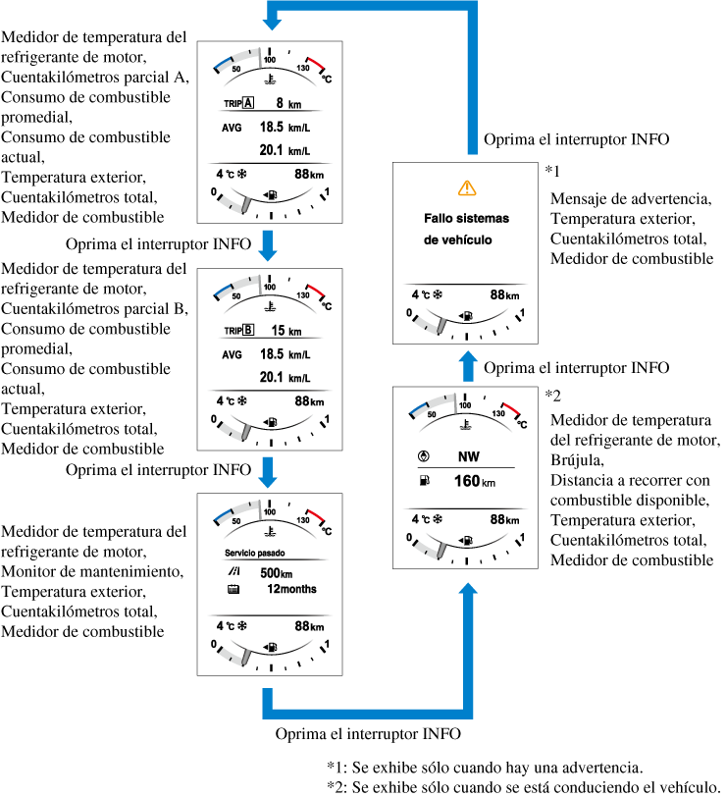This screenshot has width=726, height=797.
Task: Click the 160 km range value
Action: tap(472, 482)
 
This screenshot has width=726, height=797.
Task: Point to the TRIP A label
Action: tap(238, 102)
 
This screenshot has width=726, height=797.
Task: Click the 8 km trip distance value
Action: tap(287, 102)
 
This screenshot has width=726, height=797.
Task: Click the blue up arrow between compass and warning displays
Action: tap(467, 367)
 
